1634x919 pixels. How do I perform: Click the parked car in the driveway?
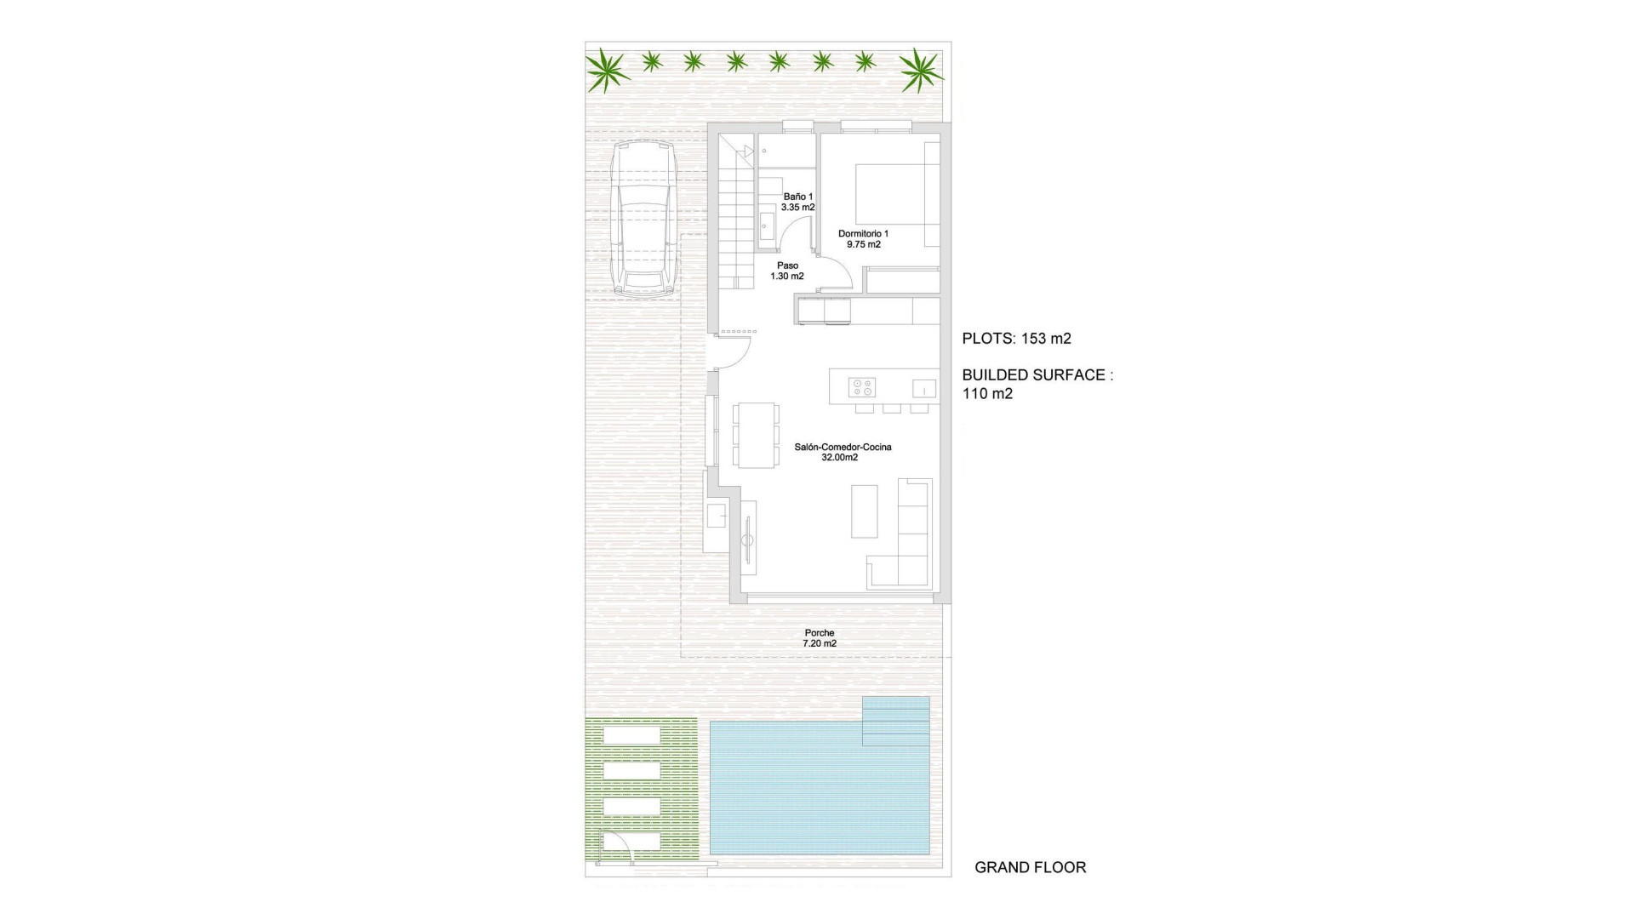[644, 219]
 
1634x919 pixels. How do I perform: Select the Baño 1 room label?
[798, 202]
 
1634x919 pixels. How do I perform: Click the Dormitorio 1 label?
[863, 239]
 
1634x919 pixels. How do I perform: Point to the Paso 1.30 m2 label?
[787, 271]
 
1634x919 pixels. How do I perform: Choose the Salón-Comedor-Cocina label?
[843, 452]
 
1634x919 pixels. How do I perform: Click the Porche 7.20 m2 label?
[820, 638]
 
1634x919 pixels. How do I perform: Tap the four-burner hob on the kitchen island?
[861, 387]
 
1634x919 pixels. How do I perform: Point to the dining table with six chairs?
[756, 435]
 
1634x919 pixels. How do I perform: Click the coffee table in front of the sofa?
[864, 511]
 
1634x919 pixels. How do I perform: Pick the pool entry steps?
[895, 721]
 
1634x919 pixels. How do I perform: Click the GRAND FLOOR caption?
[1030, 868]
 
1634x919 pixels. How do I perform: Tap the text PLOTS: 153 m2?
[1016, 339]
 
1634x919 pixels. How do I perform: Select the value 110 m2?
[987, 394]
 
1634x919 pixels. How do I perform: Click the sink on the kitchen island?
[923, 389]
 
